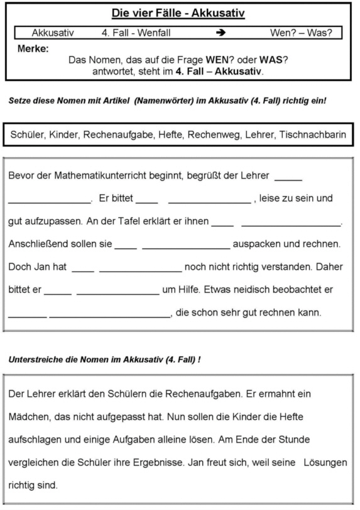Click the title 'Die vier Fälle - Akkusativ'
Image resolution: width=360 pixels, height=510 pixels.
(x=178, y=13)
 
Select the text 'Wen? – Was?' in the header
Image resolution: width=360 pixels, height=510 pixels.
(x=301, y=31)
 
